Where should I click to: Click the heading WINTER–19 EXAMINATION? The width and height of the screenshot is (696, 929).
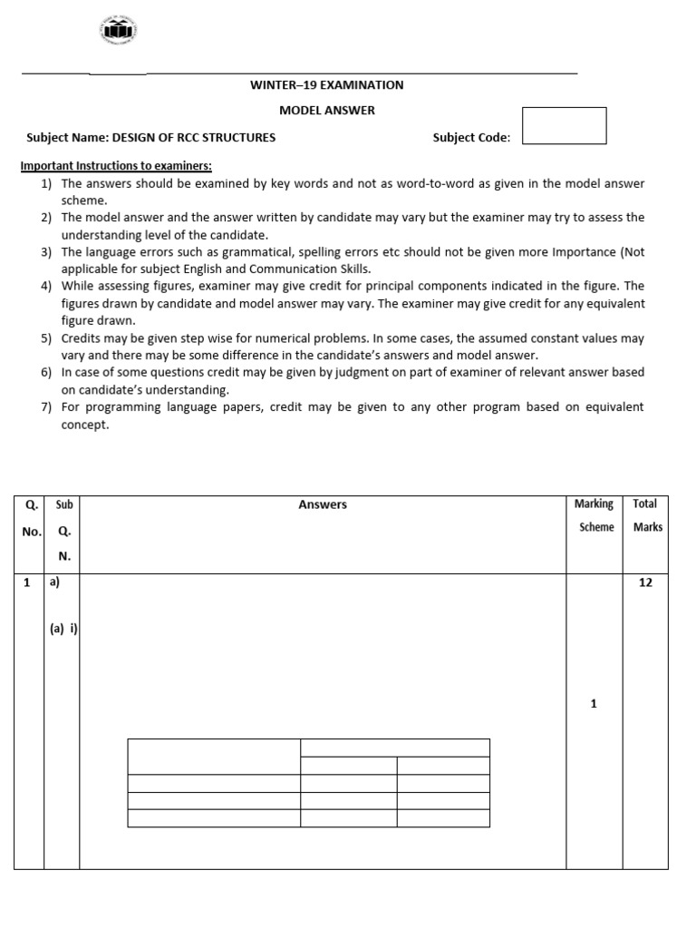click(326, 85)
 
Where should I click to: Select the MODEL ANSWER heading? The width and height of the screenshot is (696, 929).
click(326, 111)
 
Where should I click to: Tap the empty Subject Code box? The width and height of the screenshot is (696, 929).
click(564, 125)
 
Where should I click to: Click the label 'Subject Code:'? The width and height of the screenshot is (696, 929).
click(471, 138)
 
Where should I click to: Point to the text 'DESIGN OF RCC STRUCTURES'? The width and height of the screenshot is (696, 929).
click(193, 138)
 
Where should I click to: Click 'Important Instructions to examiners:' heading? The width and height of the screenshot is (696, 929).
click(116, 166)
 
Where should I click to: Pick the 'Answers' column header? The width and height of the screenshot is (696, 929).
click(323, 504)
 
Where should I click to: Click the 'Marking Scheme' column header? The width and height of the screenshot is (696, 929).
click(594, 515)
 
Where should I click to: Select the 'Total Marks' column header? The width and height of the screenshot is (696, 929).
click(645, 515)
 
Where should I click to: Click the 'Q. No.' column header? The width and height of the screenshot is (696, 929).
click(30, 518)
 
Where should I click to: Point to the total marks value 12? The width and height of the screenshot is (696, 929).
click(645, 583)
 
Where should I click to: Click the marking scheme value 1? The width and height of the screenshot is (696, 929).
click(594, 704)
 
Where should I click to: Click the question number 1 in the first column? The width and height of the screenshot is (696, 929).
click(27, 583)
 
